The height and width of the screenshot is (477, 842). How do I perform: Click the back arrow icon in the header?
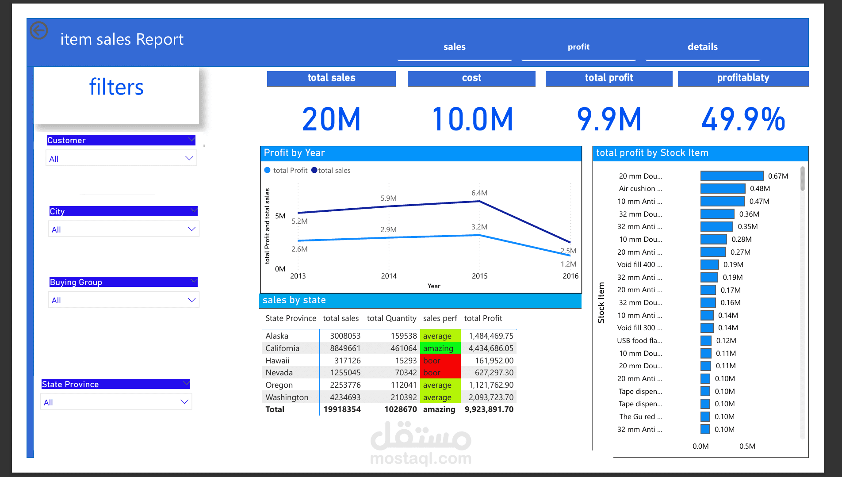[39, 31]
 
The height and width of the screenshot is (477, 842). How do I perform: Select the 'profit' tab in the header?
[578, 47]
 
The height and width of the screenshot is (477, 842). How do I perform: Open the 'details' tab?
[702, 47]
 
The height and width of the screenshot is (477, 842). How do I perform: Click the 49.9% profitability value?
[743, 119]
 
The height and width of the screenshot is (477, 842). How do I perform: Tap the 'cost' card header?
[471, 78]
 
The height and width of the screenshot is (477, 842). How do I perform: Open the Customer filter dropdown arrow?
[189, 158]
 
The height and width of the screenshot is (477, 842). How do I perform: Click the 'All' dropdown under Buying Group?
[123, 300]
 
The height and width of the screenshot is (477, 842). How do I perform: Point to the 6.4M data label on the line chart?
[479, 193]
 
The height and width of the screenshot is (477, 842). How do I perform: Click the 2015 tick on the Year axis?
[479, 276]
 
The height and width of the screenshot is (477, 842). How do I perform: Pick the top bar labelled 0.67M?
[732, 176]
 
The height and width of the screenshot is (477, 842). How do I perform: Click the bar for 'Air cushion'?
[723, 189]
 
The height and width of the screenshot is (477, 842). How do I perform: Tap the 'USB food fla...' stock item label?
[639, 341]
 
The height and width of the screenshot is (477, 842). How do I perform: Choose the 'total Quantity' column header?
[391, 318]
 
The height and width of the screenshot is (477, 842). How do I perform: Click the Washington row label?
[287, 397]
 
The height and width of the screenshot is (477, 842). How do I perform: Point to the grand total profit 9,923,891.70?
[489, 409]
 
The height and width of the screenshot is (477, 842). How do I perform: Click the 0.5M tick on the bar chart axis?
[747, 446]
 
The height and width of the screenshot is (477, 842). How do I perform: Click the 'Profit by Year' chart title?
[294, 153]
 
